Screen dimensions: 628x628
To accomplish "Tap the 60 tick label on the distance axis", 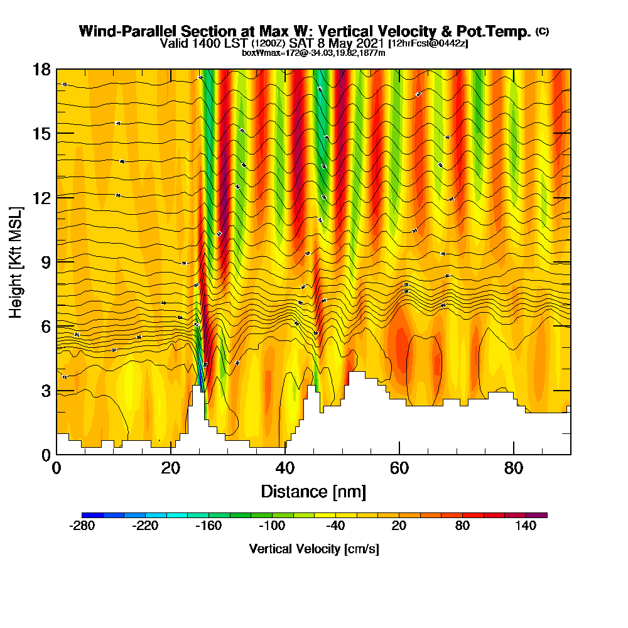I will click(399, 468).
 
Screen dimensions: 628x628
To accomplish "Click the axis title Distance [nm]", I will click(313, 491).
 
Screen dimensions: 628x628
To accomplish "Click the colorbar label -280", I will click(81, 526).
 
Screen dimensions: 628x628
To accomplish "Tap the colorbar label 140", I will click(526, 526).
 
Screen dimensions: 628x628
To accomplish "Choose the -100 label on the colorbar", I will click(271, 526).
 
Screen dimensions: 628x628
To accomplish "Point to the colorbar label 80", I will click(462, 526).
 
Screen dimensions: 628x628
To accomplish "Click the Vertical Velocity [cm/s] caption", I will click(314, 549).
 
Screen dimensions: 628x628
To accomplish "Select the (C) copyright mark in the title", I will click(542, 31).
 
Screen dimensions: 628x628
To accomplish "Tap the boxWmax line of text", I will click(313, 53).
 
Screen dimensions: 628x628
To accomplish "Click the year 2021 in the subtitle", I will click(368, 43).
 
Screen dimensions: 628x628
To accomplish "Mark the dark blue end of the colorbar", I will click(87, 515).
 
